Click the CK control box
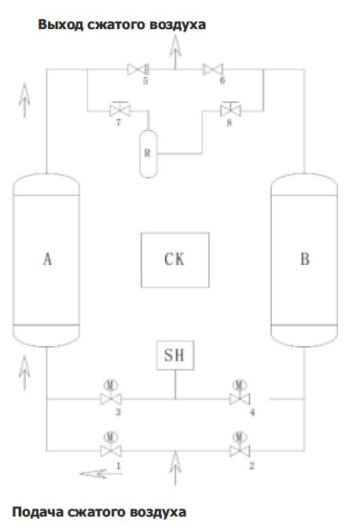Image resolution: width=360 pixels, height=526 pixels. pos(174,260)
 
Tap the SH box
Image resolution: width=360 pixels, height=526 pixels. pos(175,355)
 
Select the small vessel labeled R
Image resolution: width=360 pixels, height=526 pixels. pos(149,153)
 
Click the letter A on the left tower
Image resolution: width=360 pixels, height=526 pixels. pos(48,259)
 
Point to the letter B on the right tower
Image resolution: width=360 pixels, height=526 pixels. pos(305,259)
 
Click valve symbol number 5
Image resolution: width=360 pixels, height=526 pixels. pos(138,69)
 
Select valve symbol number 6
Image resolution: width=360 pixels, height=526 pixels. pos(213,69)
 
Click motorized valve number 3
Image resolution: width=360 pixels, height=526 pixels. pos(111,394)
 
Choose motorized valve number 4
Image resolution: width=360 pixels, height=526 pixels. pos(240,394)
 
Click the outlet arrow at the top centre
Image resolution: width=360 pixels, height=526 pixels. pos(175,52)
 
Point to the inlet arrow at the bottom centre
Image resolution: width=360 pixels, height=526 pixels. pos(175,469)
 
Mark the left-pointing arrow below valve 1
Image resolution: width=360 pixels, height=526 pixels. pos(101,473)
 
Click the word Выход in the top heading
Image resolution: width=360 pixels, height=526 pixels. pos(61,24)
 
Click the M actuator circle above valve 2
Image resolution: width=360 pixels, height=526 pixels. pos(240,437)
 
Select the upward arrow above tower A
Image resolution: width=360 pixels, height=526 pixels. pos(24,101)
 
